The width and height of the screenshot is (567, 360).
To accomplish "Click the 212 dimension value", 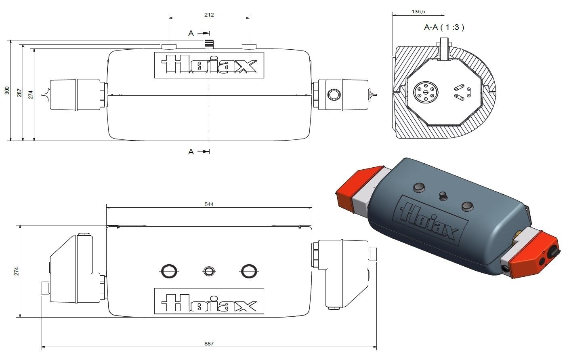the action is [209, 15].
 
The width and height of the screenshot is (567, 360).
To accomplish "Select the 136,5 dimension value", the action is [418, 12].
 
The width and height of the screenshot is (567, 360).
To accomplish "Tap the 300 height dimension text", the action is [7, 91].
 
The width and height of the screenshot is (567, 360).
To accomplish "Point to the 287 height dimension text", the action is [19, 93].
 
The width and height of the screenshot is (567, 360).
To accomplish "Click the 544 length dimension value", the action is [209, 204].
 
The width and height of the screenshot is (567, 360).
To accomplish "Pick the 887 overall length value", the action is [209, 343].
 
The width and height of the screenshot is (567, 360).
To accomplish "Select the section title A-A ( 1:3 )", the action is [444, 27].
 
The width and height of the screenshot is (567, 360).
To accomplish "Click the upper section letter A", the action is [191, 33].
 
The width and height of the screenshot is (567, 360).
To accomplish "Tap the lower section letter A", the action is [191, 152].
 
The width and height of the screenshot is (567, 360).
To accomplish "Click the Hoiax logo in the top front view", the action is [209, 65].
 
